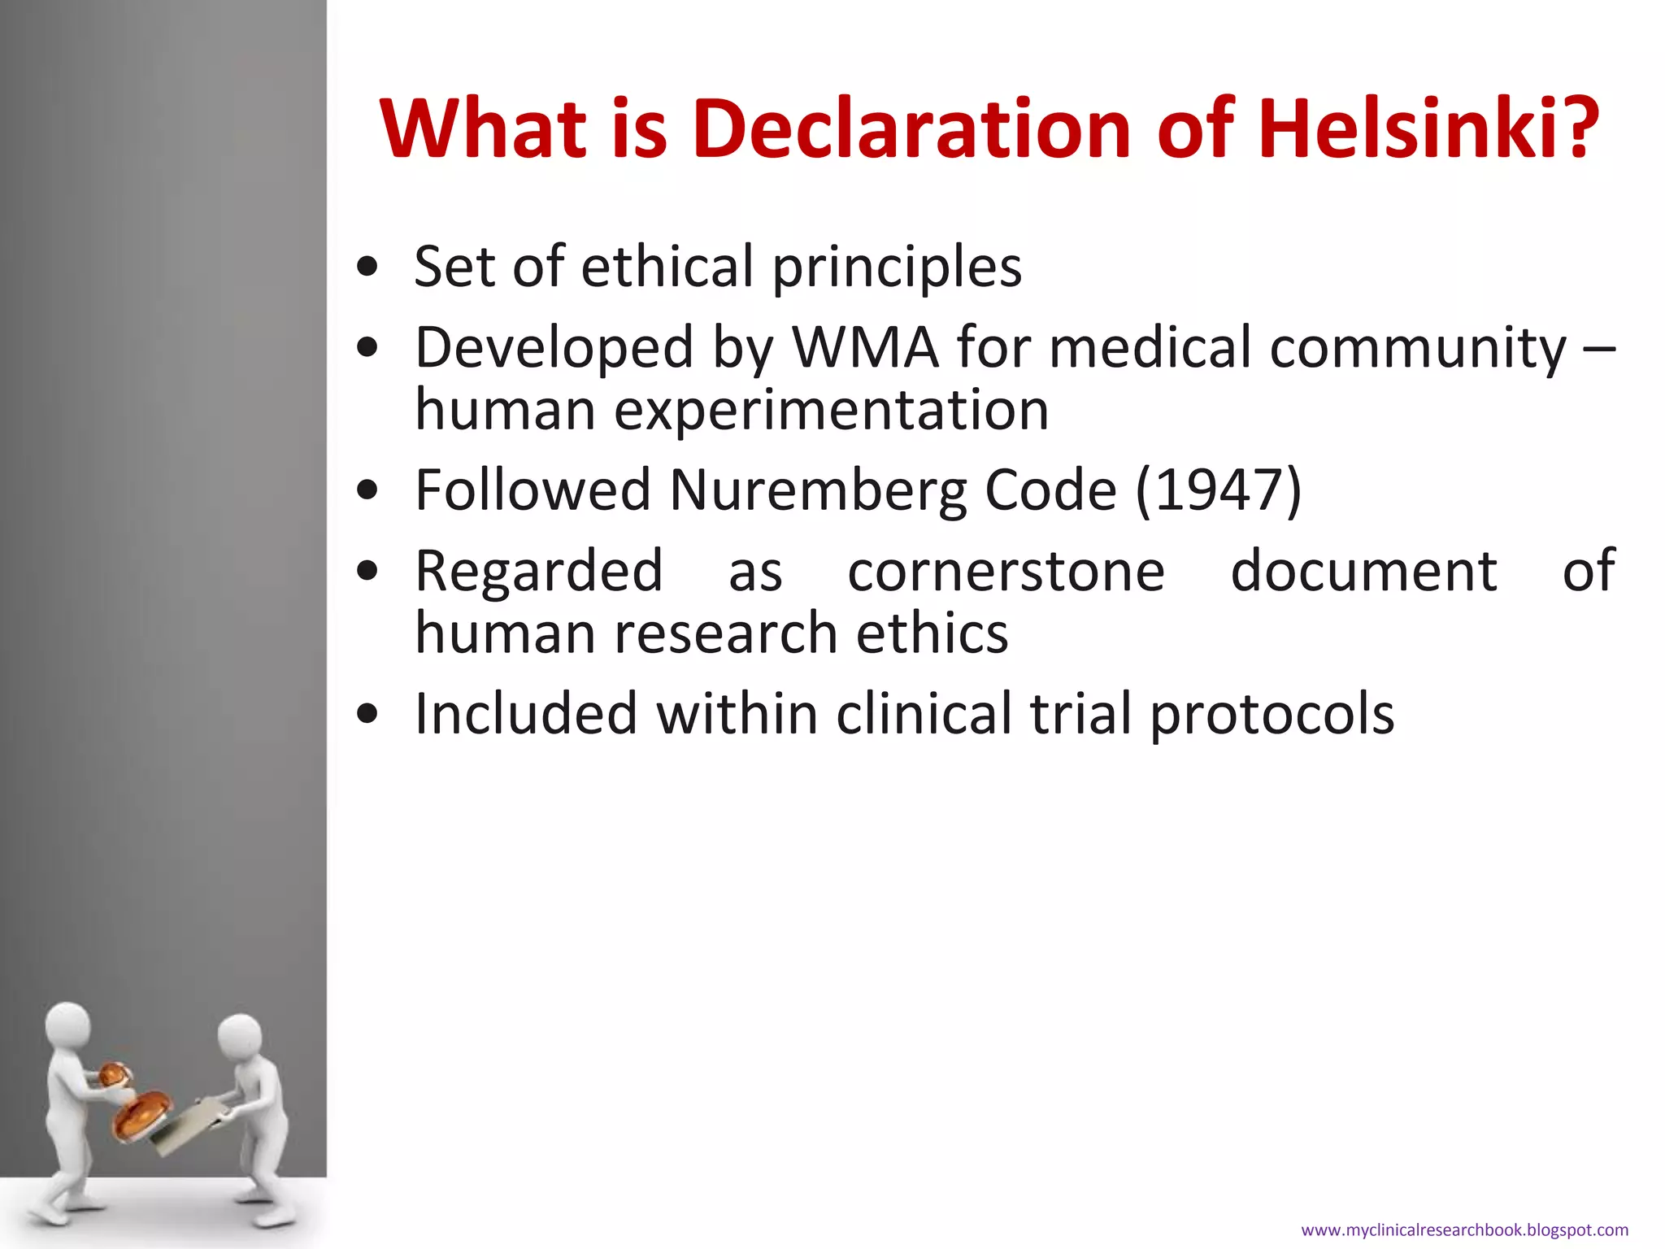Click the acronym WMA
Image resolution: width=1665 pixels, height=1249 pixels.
[x=865, y=348]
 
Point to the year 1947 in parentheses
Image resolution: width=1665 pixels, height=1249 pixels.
[x=1219, y=490]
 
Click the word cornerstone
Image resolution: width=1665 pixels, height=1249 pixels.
[x=1006, y=571]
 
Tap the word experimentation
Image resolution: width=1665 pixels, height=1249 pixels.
[x=831, y=409]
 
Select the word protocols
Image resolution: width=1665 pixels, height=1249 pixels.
[x=1272, y=714]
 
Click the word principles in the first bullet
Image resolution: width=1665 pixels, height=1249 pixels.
[x=897, y=267]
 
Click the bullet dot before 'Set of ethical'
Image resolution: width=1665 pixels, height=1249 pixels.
[x=367, y=268]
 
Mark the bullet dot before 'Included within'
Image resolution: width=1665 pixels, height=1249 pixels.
[x=367, y=714]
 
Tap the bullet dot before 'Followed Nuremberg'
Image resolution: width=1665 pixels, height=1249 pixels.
[x=367, y=490]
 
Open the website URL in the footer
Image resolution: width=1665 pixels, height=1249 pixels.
[x=1464, y=1230]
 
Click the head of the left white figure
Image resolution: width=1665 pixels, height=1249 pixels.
[x=68, y=1027]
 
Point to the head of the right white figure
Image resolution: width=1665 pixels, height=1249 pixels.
[x=240, y=1037]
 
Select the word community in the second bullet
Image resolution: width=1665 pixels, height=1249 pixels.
[x=1418, y=348]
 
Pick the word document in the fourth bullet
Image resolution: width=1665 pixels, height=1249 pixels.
[x=1363, y=571]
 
